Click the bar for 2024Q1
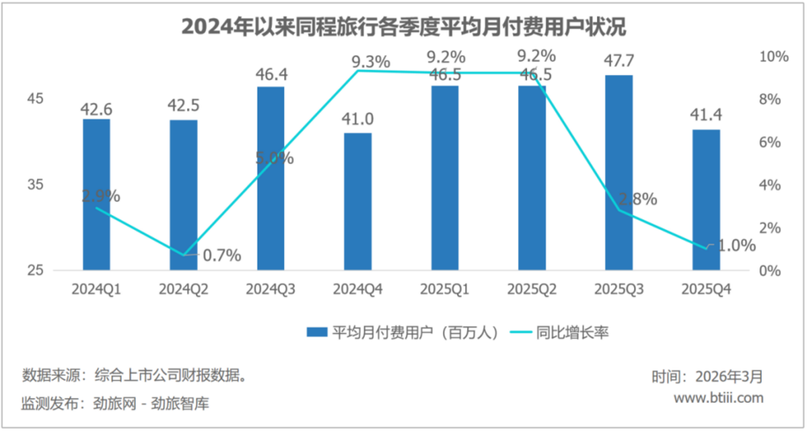pos(96,195)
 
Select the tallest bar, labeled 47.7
pos(619,173)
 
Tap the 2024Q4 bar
pos(358,201)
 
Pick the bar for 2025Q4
pos(706,199)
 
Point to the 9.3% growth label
pos(371,61)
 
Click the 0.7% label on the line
pos(222,256)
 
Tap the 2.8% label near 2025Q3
pos(638,199)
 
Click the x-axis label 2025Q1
pos(445,288)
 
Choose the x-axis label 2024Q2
pos(183,288)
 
